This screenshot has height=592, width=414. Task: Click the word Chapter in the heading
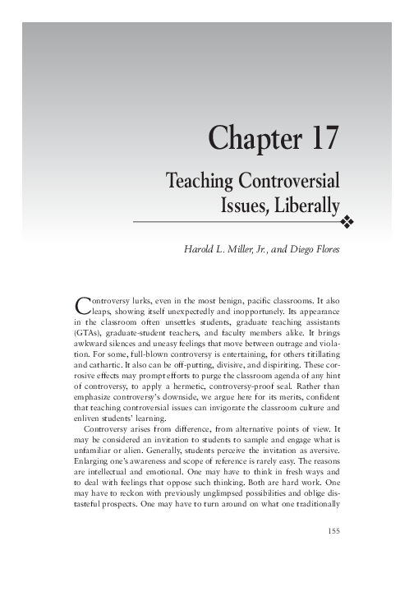coord(250,138)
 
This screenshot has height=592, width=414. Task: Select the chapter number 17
coord(319,138)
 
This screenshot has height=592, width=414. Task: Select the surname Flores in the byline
coord(323,248)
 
